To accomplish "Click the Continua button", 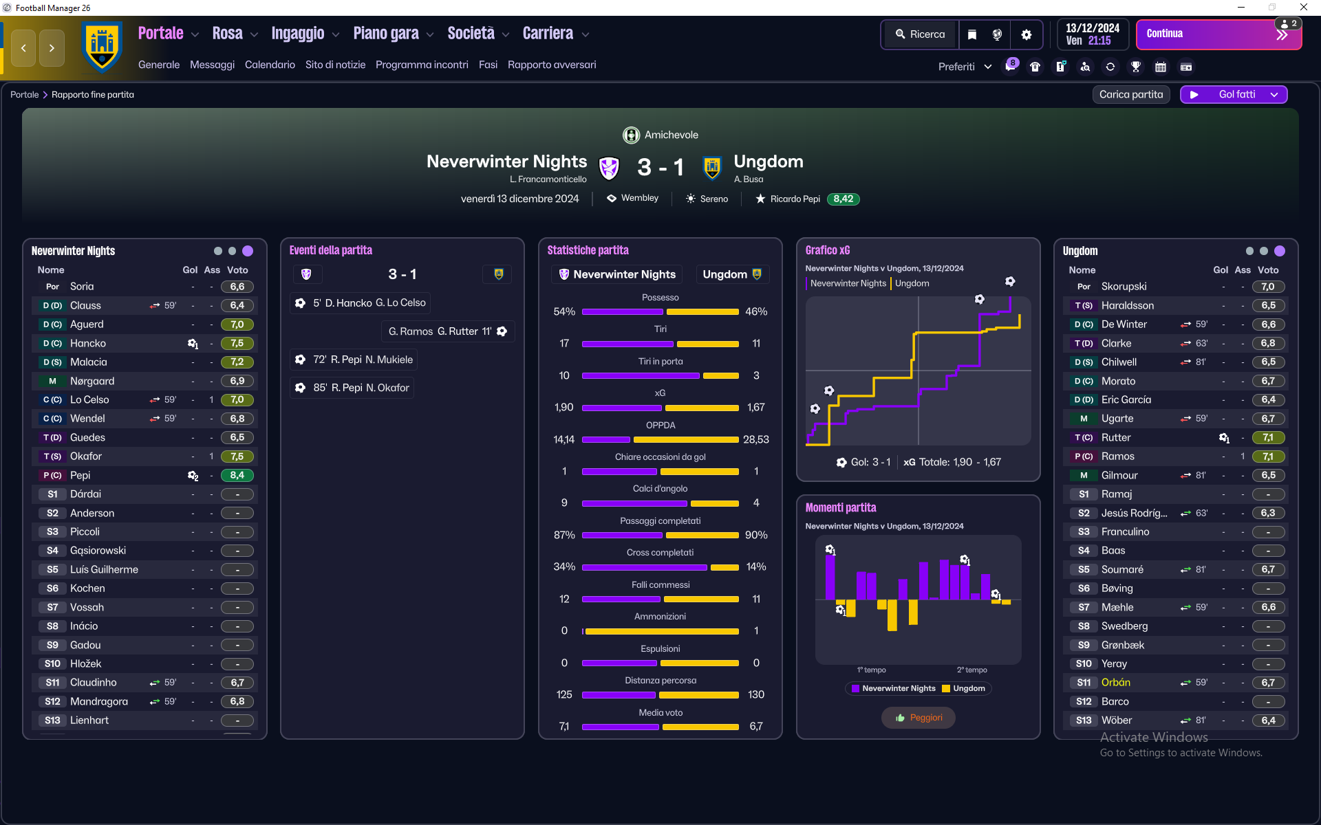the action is [1218, 34].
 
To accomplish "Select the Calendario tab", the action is [270, 65].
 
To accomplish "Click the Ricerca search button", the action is [920, 34].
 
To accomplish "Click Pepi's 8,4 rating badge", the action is [237, 475].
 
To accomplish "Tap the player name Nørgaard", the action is [92, 381].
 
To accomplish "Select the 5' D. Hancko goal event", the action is [361, 302].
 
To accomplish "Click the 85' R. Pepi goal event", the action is [352, 388].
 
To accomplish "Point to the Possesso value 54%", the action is [564, 311].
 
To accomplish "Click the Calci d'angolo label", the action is [660, 489].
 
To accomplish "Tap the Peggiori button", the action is [918, 718].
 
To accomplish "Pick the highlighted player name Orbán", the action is [1115, 683].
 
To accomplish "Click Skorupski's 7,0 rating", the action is [1268, 287].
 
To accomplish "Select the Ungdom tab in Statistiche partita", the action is [731, 274].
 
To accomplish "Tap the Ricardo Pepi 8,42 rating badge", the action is [843, 199].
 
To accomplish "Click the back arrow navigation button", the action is [23, 48].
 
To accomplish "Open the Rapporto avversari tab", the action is [552, 65].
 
